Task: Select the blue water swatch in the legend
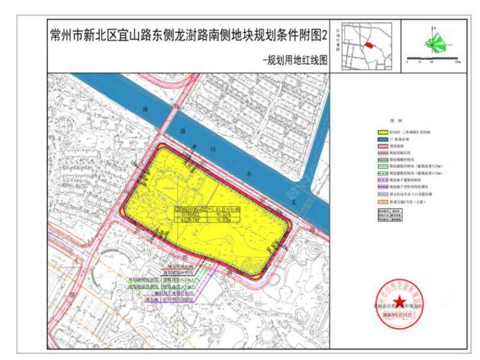coord(383,139)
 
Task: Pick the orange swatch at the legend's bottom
coord(383,202)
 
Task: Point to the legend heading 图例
coord(394,121)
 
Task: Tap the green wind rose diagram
coord(437,42)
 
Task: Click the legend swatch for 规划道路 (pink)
coord(383,145)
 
